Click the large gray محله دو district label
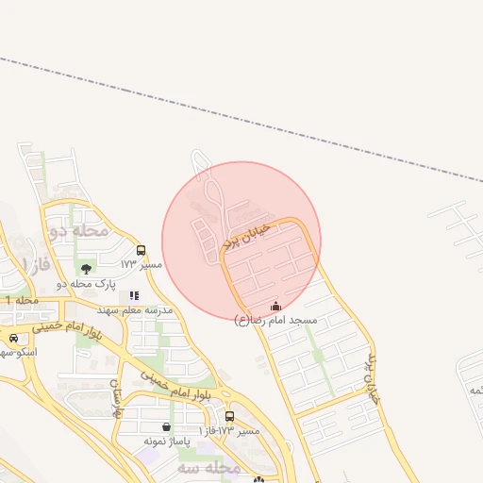tap(78, 230)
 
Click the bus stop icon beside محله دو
tap(142, 250)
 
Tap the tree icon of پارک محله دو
tap(86, 269)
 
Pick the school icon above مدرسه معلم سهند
tap(134, 295)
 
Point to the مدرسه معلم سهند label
tap(134, 309)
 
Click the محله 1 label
tap(21, 300)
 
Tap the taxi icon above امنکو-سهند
tap(13, 338)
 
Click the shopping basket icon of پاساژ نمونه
tap(167, 427)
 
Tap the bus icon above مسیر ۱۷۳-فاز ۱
tap(229, 416)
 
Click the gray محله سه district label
tap(208, 468)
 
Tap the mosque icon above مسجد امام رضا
tap(275, 306)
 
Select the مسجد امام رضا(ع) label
tap(275, 321)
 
